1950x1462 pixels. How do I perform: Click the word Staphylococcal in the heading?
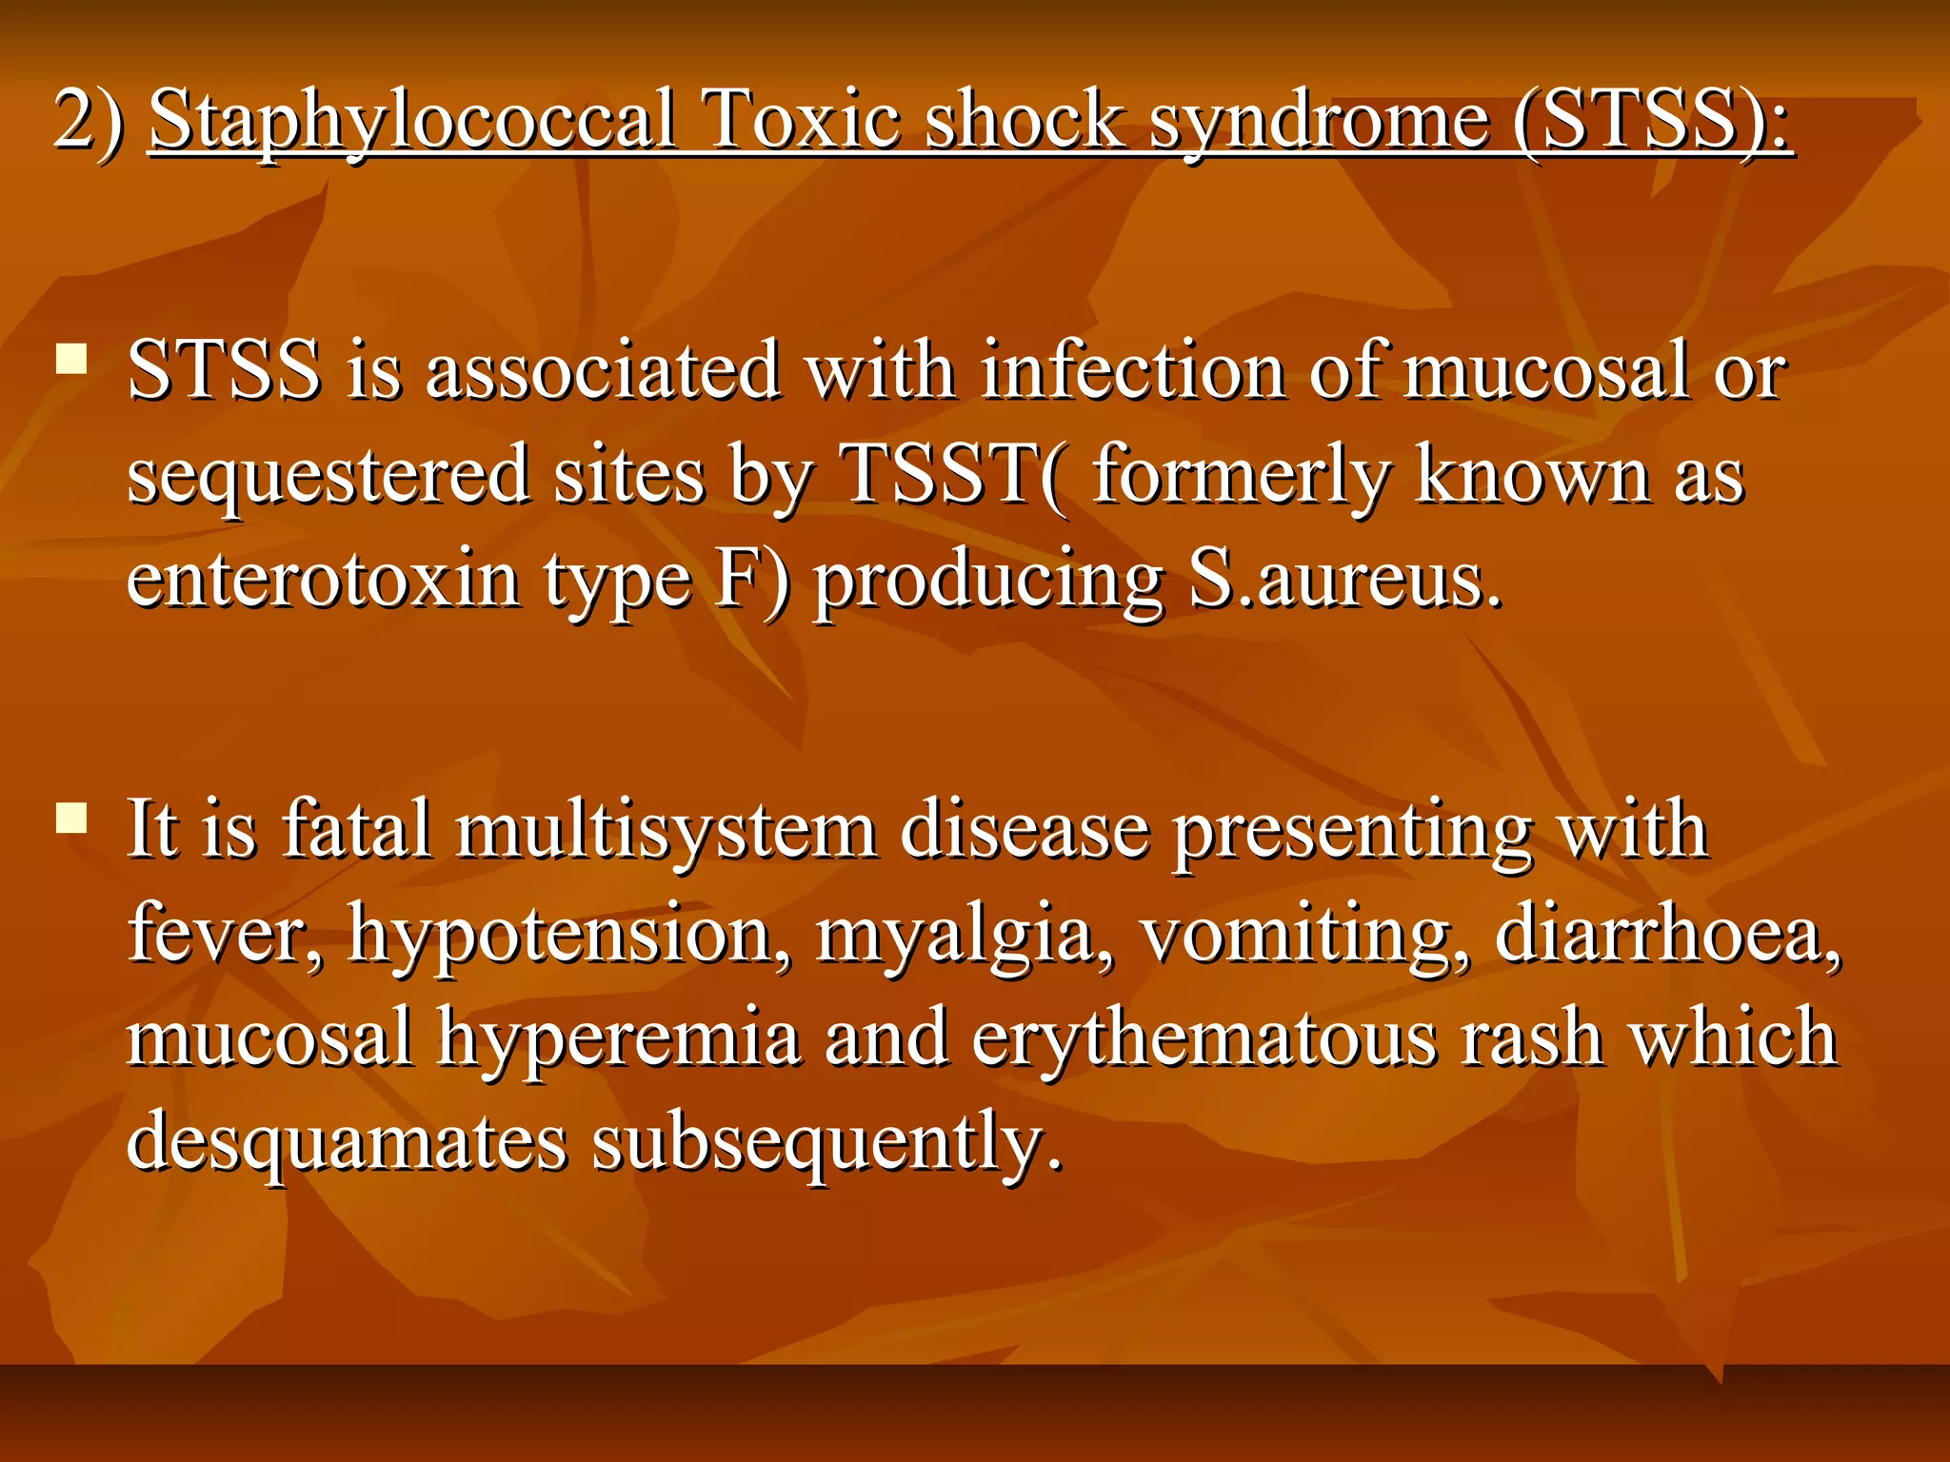412,121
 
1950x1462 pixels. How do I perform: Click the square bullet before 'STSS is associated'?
71,360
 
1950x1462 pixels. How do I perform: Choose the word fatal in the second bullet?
357,829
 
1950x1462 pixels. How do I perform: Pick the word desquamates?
347,1142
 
